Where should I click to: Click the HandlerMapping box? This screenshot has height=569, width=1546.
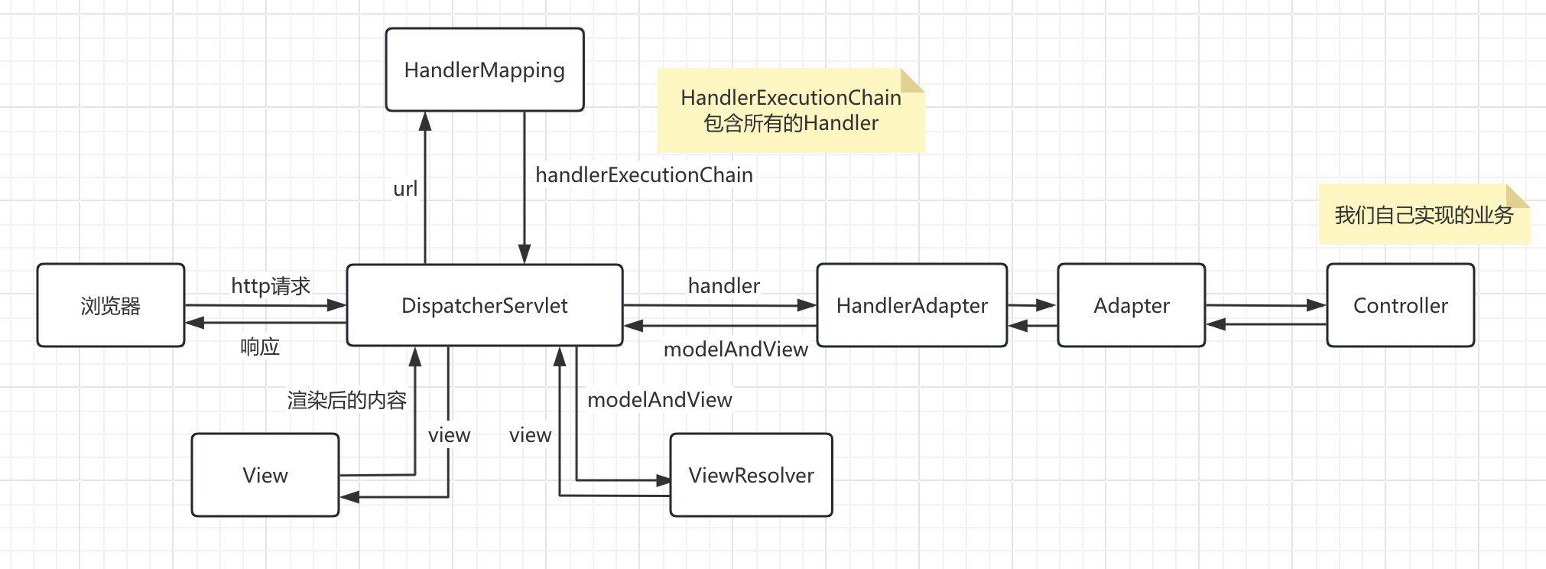[x=485, y=70]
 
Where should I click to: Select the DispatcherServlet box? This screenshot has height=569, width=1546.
[x=485, y=305]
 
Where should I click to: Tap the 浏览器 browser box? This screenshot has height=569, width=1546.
[x=111, y=305]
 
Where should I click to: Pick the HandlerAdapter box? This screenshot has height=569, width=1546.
[x=912, y=305]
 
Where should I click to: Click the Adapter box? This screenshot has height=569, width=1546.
[x=1132, y=305]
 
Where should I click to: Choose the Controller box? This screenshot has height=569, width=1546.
[x=1401, y=305]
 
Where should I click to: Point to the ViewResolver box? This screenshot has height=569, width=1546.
[x=752, y=475]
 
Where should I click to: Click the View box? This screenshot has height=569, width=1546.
[x=265, y=475]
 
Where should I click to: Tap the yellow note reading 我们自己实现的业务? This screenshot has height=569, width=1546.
[x=1424, y=215]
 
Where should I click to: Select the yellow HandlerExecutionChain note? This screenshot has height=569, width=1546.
[x=791, y=110]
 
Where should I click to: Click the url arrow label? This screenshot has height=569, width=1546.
[x=405, y=189]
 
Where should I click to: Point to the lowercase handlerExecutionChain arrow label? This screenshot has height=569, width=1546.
[x=644, y=175]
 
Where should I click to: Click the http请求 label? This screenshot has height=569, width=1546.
[x=271, y=286]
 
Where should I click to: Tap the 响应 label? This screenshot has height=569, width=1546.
[x=260, y=347]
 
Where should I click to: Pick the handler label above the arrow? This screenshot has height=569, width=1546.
[x=723, y=286]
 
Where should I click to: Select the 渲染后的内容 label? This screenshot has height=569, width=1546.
[x=347, y=400]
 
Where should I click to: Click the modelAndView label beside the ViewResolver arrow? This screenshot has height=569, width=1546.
[x=660, y=400]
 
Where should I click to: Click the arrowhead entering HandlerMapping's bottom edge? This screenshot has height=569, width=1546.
[x=425, y=121]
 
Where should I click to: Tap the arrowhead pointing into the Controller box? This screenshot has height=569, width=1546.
[x=1317, y=306]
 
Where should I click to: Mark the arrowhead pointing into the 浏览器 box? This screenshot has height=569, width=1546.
[x=195, y=323]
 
